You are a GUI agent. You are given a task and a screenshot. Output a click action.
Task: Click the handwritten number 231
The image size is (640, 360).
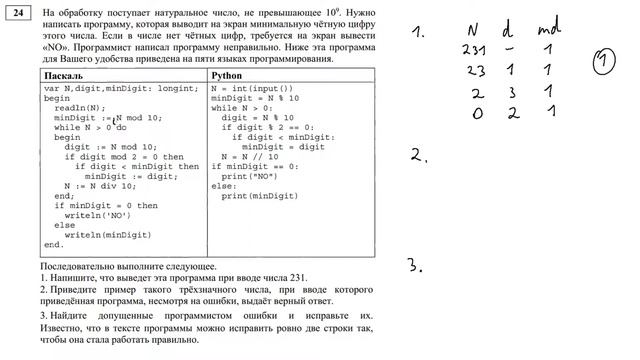[x=474, y=48]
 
